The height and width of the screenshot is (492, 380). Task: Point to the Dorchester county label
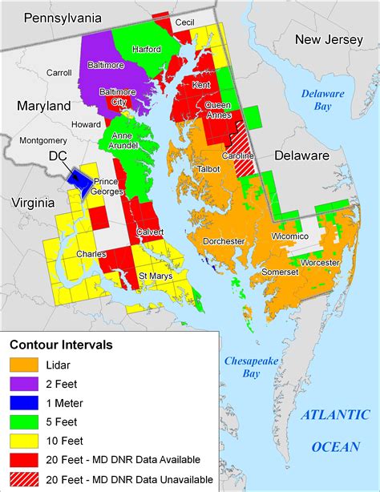[x=224, y=240]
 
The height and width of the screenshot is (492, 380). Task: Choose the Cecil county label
[x=184, y=23]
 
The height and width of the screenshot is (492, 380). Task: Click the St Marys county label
[x=156, y=276]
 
